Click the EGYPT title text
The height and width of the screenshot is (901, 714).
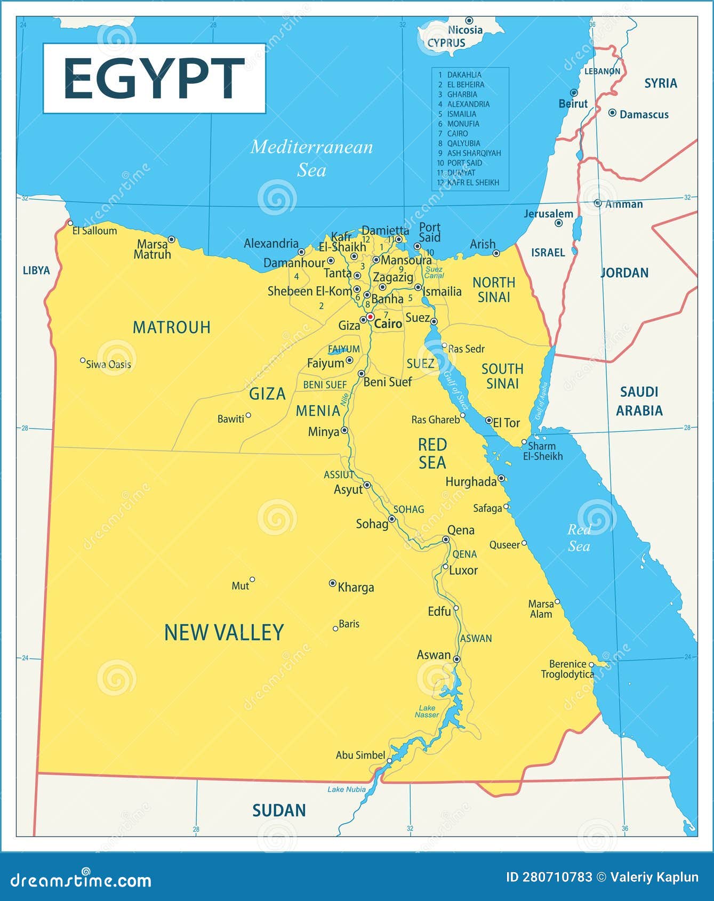tap(154, 78)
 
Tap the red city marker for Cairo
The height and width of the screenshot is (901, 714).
tap(370, 317)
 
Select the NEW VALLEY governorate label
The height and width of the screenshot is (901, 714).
tap(223, 632)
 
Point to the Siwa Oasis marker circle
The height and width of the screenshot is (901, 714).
tap(83, 361)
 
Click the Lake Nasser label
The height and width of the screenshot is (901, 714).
tap(427, 711)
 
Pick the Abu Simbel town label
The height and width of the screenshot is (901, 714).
tap(360, 755)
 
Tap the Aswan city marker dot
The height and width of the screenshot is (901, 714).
tap(456, 659)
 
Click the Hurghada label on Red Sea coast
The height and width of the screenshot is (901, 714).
tap(471, 482)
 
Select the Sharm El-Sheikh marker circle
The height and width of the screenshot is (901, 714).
tap(524, 442)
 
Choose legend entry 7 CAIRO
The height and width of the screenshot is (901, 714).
tap(457, 133)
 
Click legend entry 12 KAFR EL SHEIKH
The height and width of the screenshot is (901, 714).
tap(472, 182)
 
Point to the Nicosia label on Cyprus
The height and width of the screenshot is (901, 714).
tap(465, 30)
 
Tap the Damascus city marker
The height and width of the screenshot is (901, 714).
tap(612, 113)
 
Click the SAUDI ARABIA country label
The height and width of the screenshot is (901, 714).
tap(639, 401)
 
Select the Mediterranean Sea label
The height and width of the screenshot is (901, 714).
tap(311, 158)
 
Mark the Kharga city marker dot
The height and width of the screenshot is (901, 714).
tap(332, 583)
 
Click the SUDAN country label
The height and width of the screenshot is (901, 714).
tap(279, 810)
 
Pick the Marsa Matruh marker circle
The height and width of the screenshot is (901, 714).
tap(171, 239)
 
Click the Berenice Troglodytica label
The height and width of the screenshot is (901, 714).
tap(567, 669)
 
